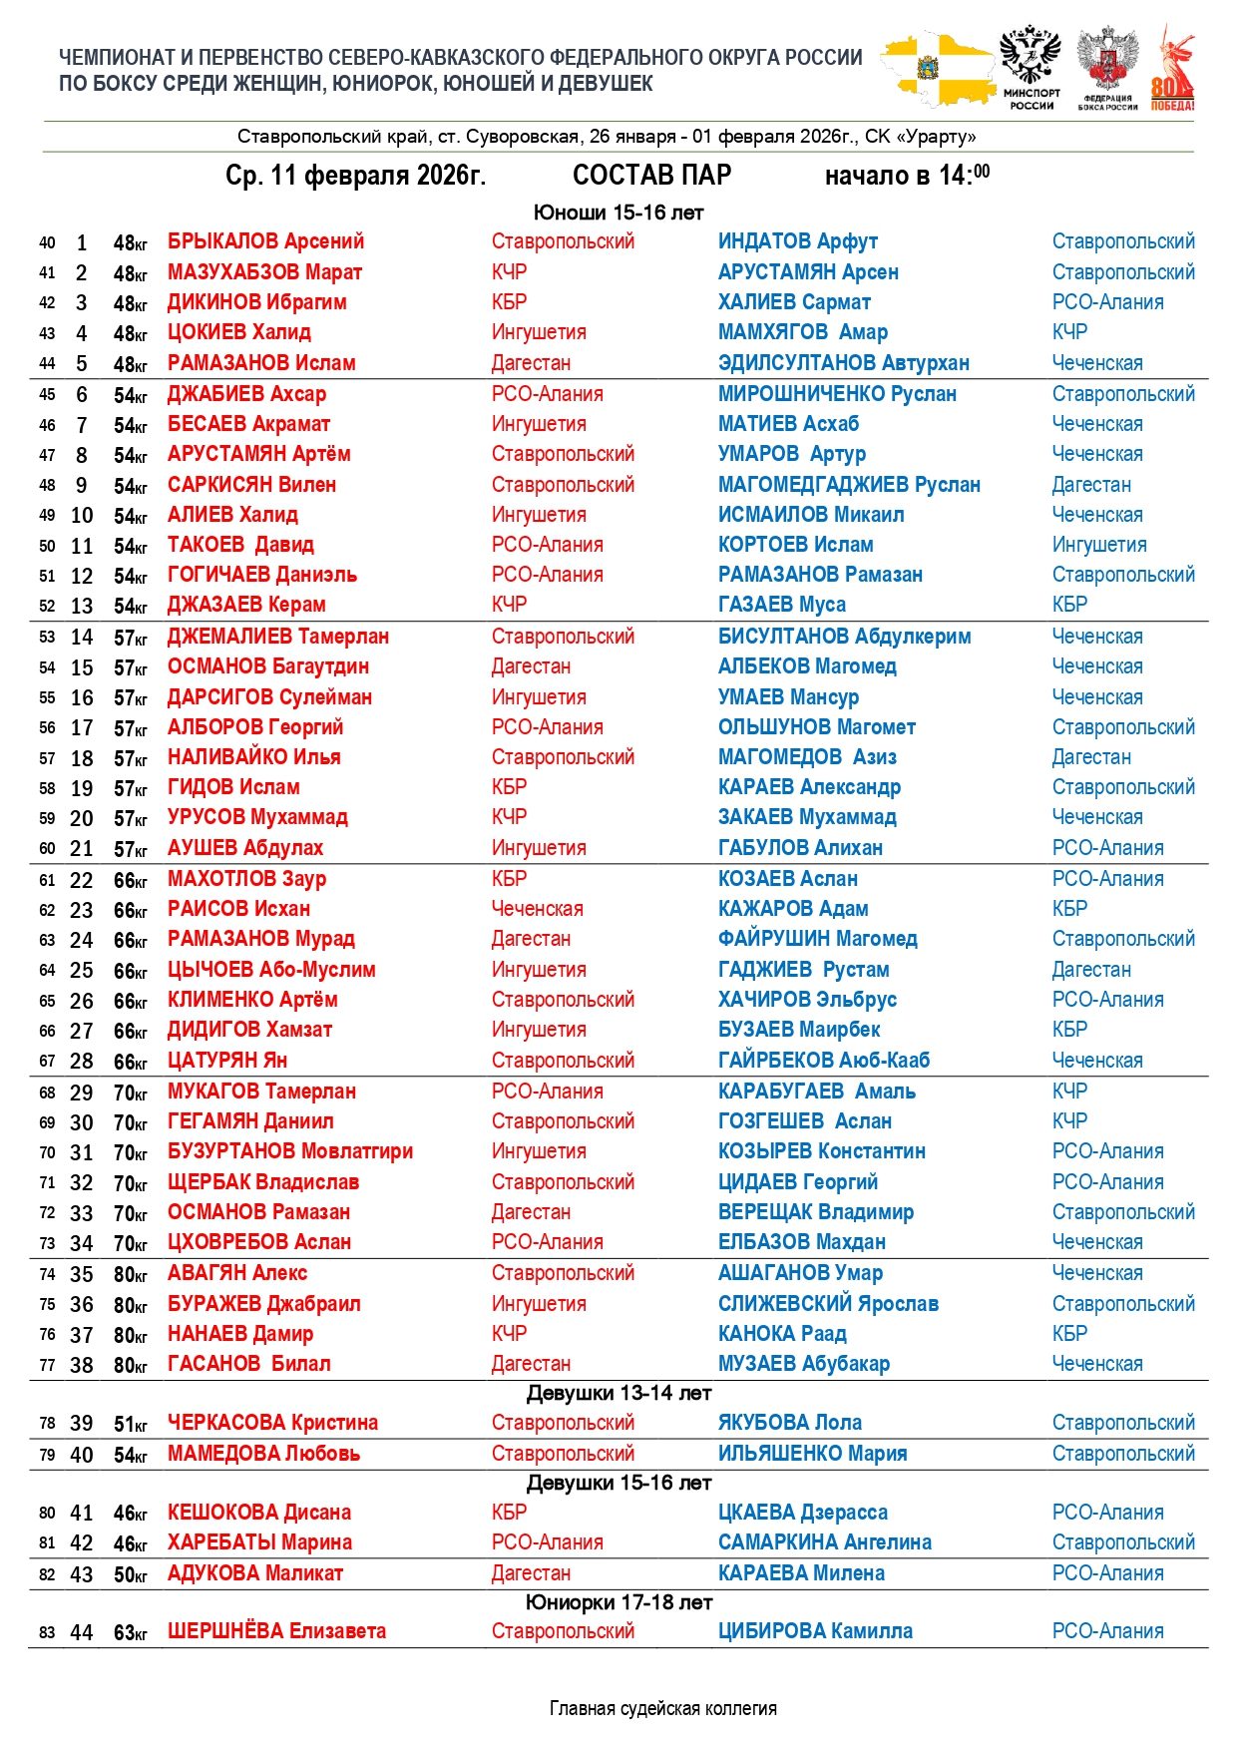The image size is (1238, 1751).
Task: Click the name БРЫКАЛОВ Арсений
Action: (x=265, y=241)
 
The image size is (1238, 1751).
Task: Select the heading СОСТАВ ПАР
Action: (x=651, y=176)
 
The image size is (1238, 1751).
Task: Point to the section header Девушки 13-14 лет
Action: (x=619, y=1393)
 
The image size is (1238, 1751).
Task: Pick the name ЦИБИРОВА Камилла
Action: (x=815, y=1631)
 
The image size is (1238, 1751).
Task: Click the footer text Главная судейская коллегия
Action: (x=662, y=1708)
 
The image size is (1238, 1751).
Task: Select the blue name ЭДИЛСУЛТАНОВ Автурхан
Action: (x=843, y=363)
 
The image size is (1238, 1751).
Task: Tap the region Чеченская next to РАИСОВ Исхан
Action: (x=537, y=909)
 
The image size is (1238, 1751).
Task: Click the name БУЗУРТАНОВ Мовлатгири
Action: (x=289, y=1151)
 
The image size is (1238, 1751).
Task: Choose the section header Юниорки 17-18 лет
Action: (x=619, y=1602)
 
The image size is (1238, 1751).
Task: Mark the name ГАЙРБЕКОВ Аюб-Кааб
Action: (x=823, y=1061)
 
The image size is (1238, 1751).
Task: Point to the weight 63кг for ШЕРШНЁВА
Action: (x=130, y=1633)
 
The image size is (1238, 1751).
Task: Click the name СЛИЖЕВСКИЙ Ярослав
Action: (x=828, y=1304)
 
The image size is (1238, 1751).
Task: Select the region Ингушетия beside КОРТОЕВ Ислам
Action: (x=1098, y=545)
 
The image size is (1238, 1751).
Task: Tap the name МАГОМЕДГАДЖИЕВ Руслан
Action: (x=849, y=485)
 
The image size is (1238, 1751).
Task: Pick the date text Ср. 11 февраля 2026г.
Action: (x=355, y=176)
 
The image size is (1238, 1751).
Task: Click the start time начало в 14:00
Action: (x=907, y=176)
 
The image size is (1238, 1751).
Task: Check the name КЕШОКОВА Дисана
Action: (x=259, y=1513)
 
